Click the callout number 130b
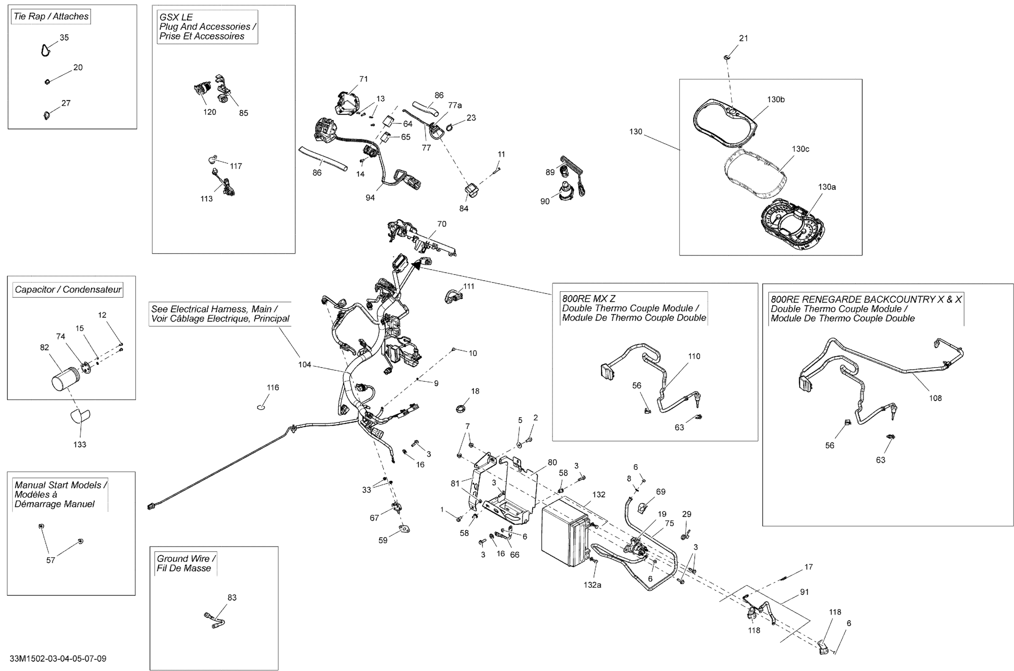click(x=776, y=100)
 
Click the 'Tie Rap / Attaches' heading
click(x=51, y=17)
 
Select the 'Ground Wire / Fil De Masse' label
click(x=185, y=563)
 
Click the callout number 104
click(x=305, y=365)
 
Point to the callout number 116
click(x=273, y=388)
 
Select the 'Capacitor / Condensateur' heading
click(x=68, y=290)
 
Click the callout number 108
click(x=935, y=398)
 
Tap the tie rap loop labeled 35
click(x=45, y=51)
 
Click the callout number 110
click(x=694, y=356)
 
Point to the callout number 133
click(x=80, y=444)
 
